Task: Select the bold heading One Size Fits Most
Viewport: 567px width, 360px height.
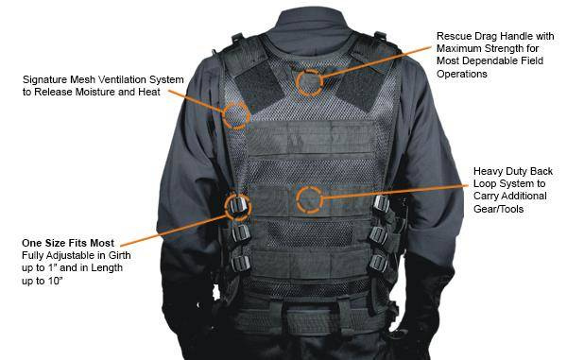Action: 68,243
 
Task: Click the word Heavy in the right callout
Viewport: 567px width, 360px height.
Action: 488,171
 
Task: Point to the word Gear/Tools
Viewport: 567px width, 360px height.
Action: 498,209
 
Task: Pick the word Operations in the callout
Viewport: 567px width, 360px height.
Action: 462,74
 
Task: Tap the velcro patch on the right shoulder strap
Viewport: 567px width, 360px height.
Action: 359,88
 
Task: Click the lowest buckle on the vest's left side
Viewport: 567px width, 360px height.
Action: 240,264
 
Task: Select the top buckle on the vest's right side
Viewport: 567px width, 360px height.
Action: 382,203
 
